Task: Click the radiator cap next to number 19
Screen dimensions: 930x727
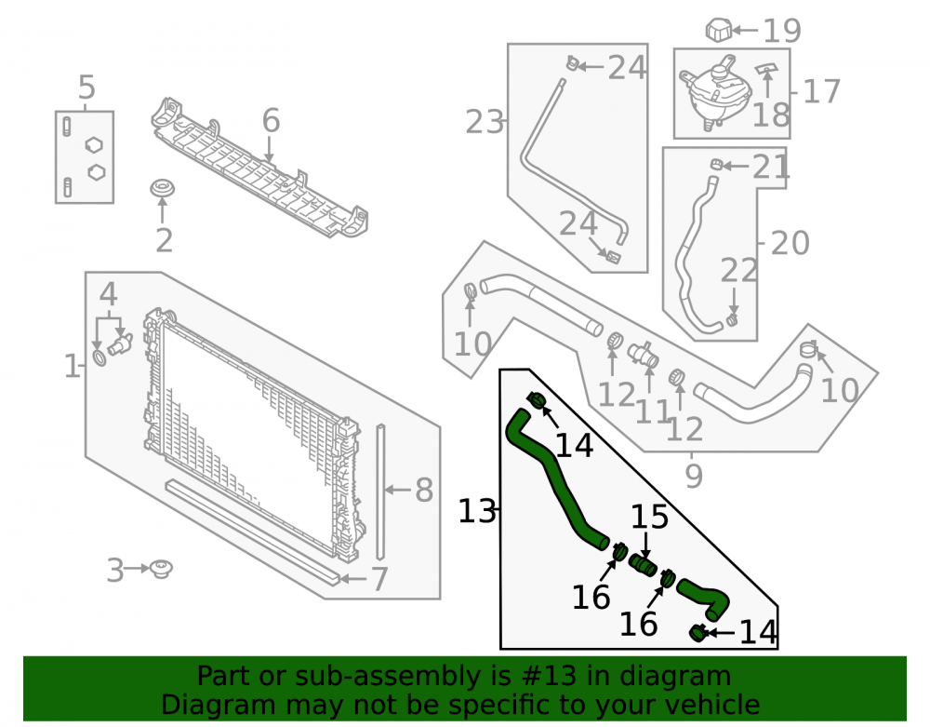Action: coord(718,30)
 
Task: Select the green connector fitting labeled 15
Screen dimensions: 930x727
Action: coord(643,564)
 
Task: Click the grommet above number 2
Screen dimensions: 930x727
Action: coord(162,189)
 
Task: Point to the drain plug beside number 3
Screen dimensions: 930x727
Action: coord(161,569)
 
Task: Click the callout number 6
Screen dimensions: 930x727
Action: coord(271,120)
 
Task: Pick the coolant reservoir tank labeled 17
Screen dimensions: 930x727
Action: coord(715,92)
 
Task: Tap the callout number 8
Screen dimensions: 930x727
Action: coord(423,491)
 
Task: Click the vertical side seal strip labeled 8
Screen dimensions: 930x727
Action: coord(380,492)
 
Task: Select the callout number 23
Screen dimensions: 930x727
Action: coord(484,122)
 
